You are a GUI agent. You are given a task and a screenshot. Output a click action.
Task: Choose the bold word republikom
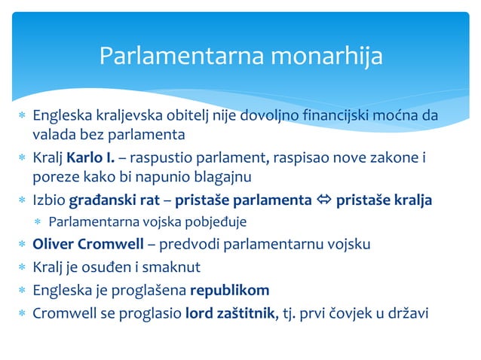tap(229, 290)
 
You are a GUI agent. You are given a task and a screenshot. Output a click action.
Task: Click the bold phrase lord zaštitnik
tap(231, 313)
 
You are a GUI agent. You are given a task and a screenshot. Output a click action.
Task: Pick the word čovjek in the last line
tap(353, 313)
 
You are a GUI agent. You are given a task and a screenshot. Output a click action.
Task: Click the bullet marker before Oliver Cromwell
tap(23, 245)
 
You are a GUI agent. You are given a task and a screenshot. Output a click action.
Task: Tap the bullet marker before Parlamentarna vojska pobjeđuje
tap(38, 223)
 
